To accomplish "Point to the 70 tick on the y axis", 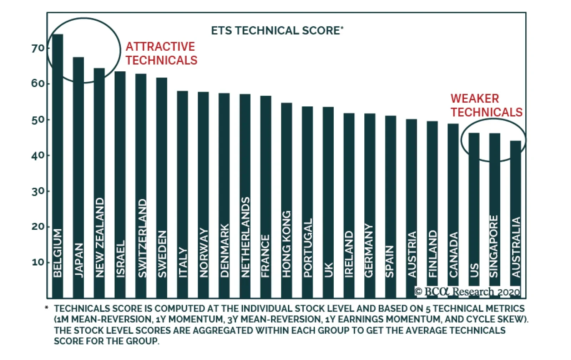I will click(x=38, y=48).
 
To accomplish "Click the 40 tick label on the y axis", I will click(x=38, y=156).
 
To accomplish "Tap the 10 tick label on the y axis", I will click(x=38, y=263).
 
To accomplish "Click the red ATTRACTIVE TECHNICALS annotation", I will click(x=161, y=54).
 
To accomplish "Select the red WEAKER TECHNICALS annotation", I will click(x=486, y=105).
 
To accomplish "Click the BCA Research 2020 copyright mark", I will click(x=467, y=291).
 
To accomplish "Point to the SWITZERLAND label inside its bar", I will click(x=142, y=238).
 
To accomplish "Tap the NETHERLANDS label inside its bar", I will click(x=245, y=237).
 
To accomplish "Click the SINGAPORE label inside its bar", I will click(x=494, y=246).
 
